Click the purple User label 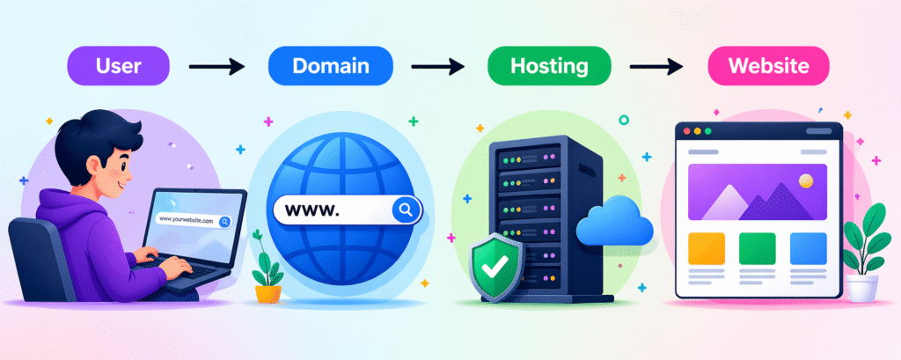coord(119,65)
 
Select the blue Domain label coord(331,65)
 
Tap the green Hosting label coord(549,65)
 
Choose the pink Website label coord(768,65)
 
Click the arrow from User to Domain coord(217,67)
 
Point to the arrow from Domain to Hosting coord(438,67)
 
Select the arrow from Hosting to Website coord(656,67)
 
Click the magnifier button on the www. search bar coord(406,209)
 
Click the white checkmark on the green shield coord(494,266)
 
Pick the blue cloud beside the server coord(614,222)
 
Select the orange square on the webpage coord(707,248)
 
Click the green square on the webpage coord(757,248)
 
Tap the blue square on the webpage coord(808,248)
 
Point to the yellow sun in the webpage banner coord(806,181)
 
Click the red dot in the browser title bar coord(686,131)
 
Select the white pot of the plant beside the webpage coord(862,288)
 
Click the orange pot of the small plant coord(268,294)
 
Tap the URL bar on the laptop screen coord(194,220)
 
